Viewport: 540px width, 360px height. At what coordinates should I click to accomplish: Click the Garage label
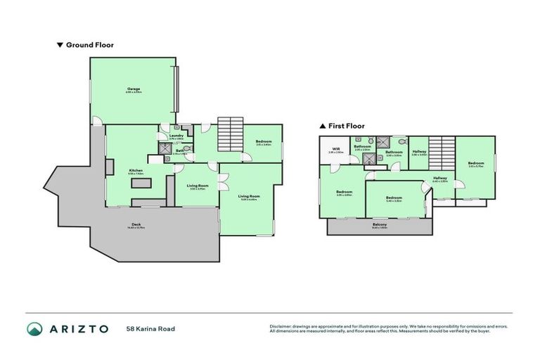134,89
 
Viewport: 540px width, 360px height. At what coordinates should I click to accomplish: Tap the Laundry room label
176,136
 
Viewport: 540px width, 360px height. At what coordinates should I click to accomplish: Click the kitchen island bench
140,184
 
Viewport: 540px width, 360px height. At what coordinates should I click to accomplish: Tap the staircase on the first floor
439,152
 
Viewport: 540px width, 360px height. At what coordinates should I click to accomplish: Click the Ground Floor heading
89,45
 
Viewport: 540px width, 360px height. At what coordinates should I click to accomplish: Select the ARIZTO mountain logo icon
34,328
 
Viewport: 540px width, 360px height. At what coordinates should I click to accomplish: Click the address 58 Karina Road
150,328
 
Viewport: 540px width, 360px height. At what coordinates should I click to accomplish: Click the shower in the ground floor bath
163,149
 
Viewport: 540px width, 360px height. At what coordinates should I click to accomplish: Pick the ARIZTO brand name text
78,328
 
